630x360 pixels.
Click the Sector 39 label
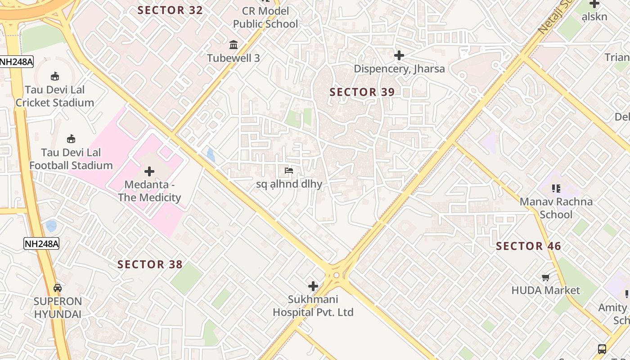pyautogui.click(x=362, y=92)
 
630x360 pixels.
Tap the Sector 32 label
pyautogui.click(x=170, y=10)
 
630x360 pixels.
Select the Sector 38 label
pyautogui.click(x=150, y=264)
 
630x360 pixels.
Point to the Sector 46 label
pyautogui.click(x=528, y=246)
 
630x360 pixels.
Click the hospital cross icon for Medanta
pyautogui.click(x=149, y=171)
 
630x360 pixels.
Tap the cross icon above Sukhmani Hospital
pyautogui.click(x=313, y=286)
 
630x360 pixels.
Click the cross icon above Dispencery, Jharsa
pyautogui.click(x=399, y=55)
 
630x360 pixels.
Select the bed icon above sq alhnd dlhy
pyautogui.click(x=289, y=171)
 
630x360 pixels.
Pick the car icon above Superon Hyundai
pyautogui.click(x=58, y=288)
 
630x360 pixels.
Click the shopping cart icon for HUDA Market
pyautogui.click(x=546, y=277)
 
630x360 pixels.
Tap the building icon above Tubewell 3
pyautogui.click(x=234, y=45)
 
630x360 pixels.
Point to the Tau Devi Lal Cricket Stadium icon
pyautogui.click(x=55, y=76)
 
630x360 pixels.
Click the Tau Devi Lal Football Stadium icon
pyautogui.click(x=71, y=139)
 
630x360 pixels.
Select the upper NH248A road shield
pyautogui.click(x=16, y=62)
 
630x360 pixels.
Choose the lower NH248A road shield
pyautogui.click(x=41, y=244)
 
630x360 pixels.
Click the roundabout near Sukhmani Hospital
pyautogui.click(x=336, y=275)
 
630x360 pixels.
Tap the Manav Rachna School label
pyautogui.click(x=556, y=208)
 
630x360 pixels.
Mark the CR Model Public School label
pyautogui.click(x=265, y=18)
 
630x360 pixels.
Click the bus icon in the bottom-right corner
pyautogui.click(x=602, y=349)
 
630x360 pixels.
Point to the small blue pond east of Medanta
pyautogui.click(x=211, y=154)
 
